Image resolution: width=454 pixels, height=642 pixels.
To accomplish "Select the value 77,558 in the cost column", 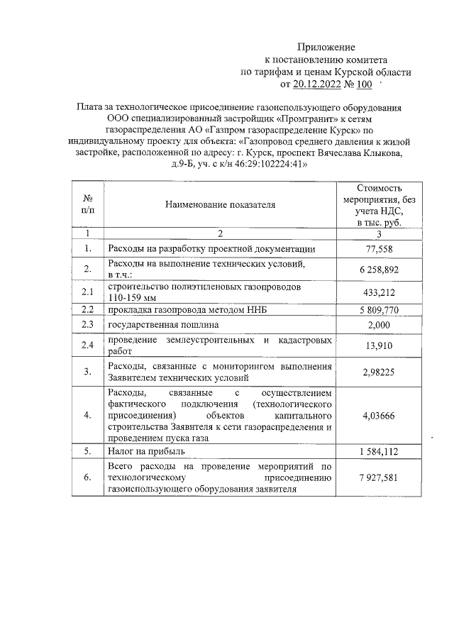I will pos(379,250).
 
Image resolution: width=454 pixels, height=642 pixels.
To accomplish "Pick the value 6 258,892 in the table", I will pos(379,270).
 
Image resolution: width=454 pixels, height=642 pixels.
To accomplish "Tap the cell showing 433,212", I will pos(379,292).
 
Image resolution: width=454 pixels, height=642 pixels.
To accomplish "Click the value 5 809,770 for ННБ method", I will pos(379,310).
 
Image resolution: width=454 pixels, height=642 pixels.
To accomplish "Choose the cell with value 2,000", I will pos(379,325).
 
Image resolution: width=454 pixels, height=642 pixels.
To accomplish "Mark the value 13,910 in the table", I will pos(379,345).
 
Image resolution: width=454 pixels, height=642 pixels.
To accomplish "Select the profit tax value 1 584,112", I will pos(379,451).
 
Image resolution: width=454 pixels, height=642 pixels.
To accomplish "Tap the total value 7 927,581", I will pos(379,478).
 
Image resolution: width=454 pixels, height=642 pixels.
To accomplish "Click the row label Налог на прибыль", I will pos(146,451).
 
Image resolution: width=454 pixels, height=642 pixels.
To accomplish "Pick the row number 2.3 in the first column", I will pos(87,325).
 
